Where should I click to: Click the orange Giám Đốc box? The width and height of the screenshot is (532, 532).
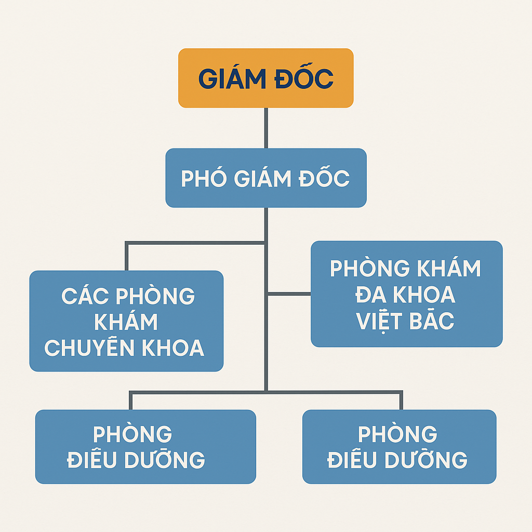(266, 78)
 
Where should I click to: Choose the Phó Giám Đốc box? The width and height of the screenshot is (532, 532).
(266, 178)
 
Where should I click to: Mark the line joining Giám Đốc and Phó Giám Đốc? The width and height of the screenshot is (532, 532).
(266, 128)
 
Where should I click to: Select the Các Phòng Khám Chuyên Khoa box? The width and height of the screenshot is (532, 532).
(127, 321)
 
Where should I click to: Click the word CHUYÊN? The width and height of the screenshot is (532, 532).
(89, 347)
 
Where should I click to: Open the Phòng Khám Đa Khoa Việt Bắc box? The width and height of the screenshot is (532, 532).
(406, 294)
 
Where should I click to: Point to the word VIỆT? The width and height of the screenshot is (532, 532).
(379, 321)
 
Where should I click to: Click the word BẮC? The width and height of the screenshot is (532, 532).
(432, 320)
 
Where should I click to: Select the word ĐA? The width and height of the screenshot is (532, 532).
(371, 294)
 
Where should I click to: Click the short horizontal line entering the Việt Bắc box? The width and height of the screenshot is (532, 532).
(289, 294)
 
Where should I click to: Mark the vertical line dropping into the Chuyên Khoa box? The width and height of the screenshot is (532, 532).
(127, 257)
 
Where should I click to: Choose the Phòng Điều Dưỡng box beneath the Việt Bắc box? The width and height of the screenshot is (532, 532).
(400, 446)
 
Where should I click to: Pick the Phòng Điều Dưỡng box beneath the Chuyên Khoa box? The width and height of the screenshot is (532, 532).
(145, 446)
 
